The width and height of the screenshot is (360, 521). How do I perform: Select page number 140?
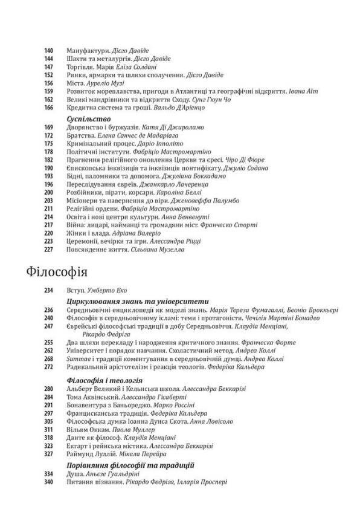[x=50, y=51]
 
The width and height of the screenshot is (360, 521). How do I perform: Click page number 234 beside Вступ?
[x=50, y=291]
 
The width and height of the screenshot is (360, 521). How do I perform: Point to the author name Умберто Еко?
[x=105, y=291]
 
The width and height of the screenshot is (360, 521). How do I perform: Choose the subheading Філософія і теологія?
[x=103, y=381]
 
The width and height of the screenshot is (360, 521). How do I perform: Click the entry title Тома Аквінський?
[x=89, y=397]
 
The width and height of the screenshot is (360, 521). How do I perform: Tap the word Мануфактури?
[x=88, y=51]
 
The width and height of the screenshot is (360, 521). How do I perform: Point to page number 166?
[x=50, y=108]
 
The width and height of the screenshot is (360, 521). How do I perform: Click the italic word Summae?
[x=78, y=358]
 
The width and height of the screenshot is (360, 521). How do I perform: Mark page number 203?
[x=50, y=201]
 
